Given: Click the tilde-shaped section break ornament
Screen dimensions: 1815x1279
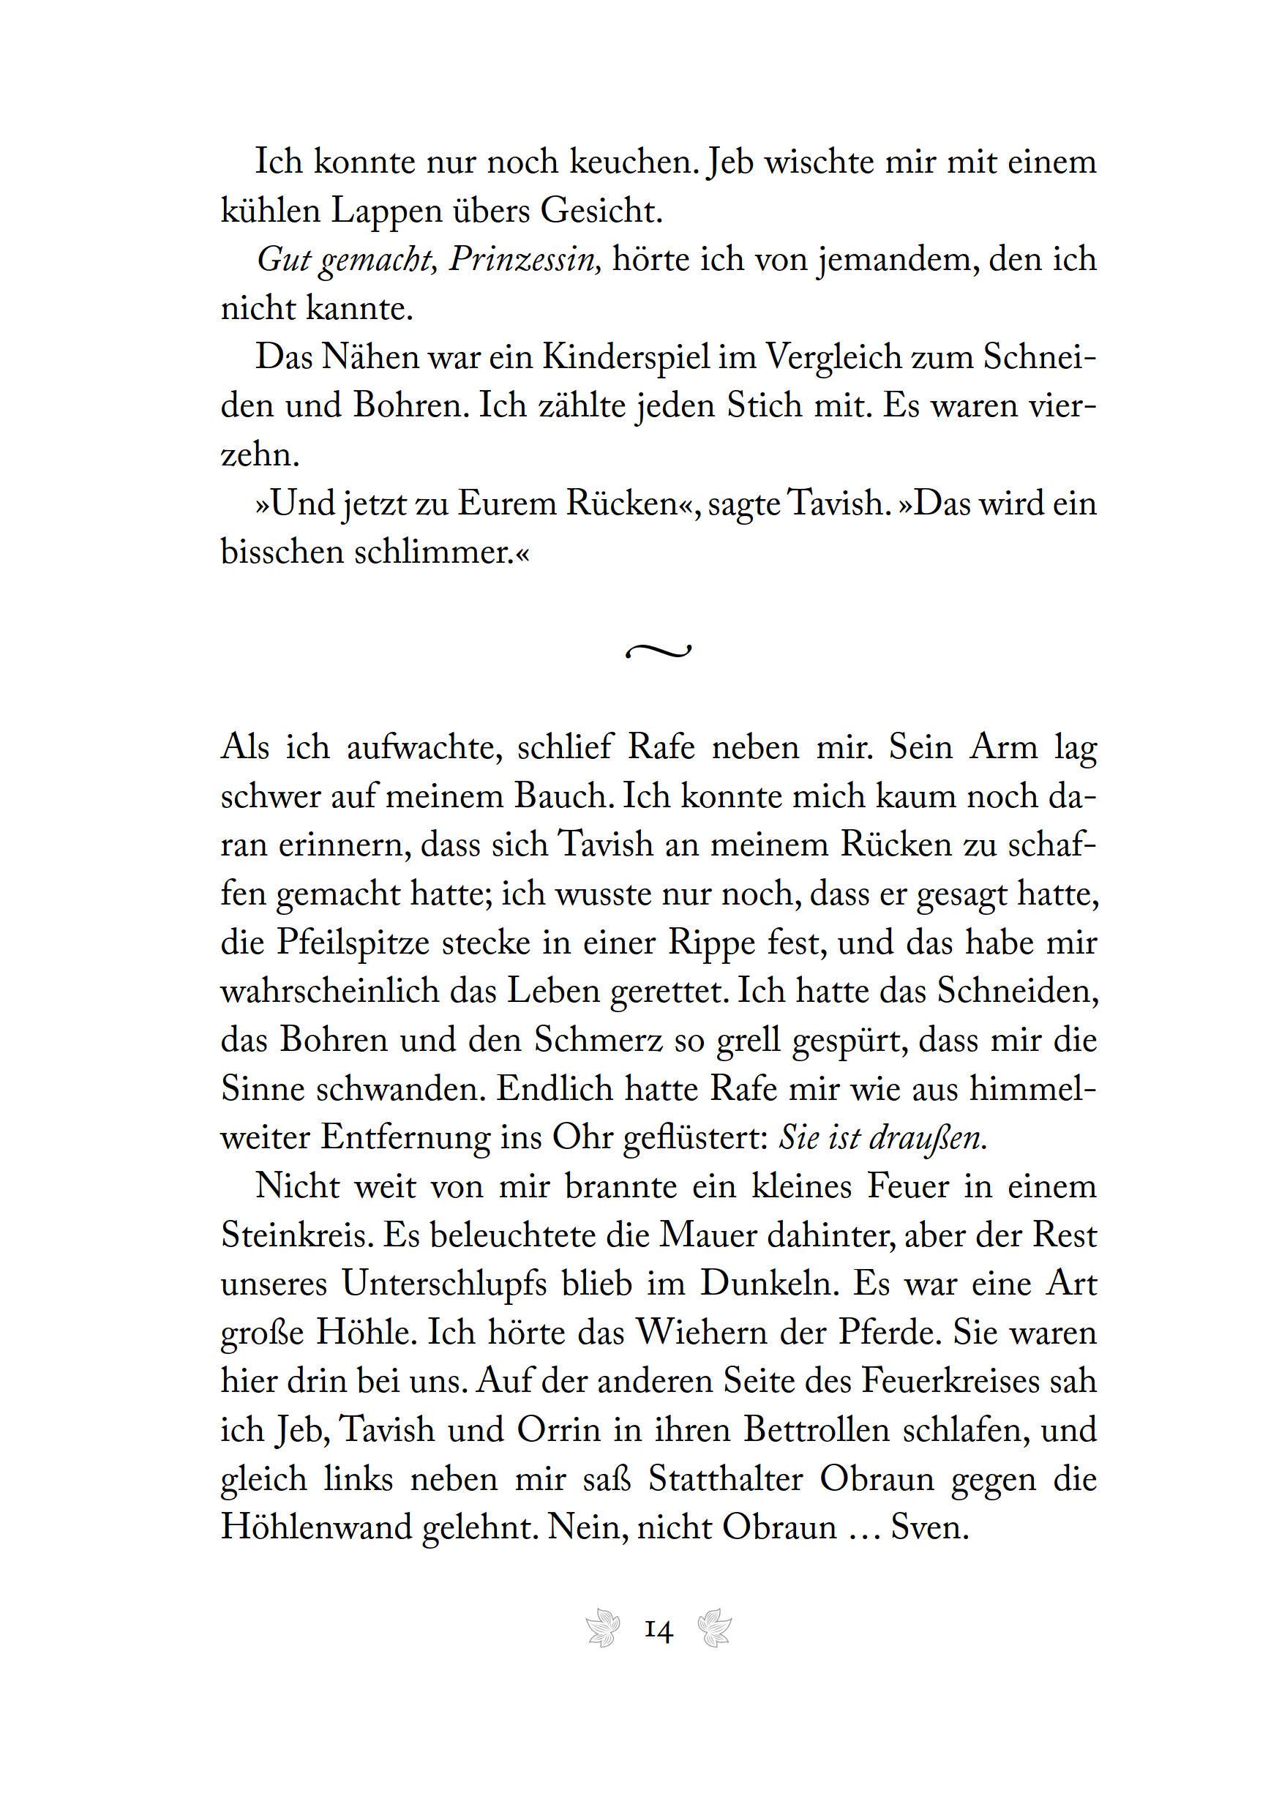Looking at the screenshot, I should pyautogui.click(x=659, y=651).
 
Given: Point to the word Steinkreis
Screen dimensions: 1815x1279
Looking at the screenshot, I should pyautogui.click(x=296, y=1235).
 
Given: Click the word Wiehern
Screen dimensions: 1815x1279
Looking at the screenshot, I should pyautogui.click(x=697, y=1333).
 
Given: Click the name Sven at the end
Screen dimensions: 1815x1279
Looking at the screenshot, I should pyautogui.click(x=929, y=1527).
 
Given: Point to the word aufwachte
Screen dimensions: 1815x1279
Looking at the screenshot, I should pyautogui.click(x=425, y=748).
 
